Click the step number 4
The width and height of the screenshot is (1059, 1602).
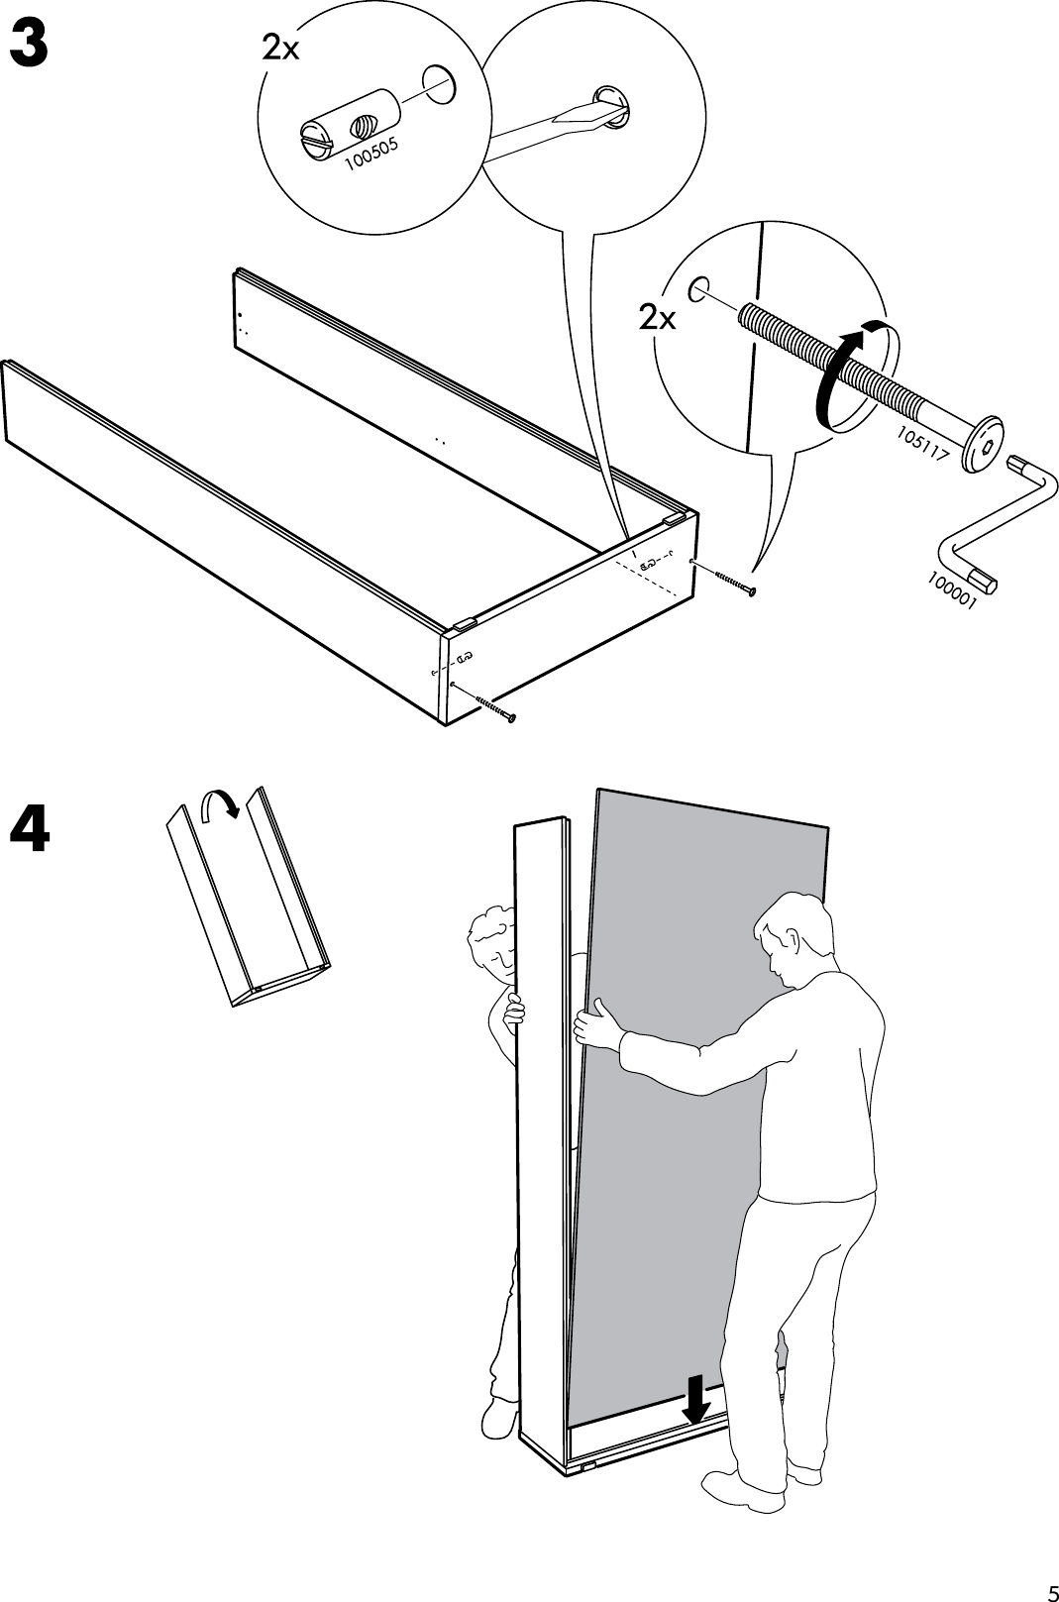point(30,830)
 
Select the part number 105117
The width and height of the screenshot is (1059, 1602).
point(923,445)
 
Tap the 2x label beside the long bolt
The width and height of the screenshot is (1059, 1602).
point(657,318)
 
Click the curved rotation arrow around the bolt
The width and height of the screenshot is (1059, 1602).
point(842,374)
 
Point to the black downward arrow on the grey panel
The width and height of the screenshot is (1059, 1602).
point(697,1398)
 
